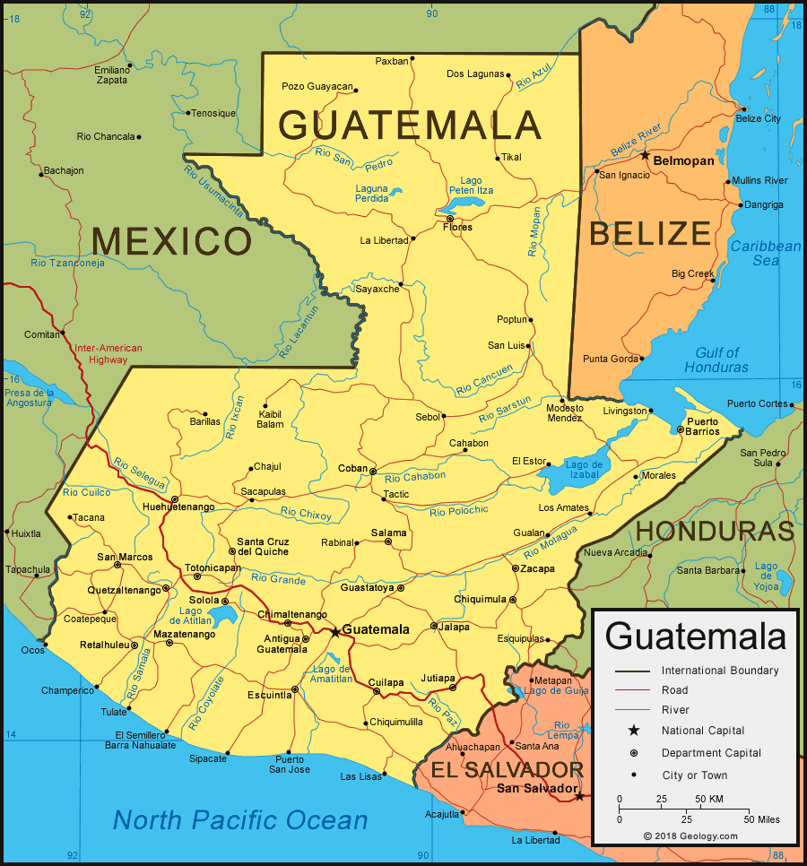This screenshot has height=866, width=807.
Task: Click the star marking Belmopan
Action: click(645, 155)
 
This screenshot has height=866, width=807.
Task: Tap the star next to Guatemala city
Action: click(335, 631)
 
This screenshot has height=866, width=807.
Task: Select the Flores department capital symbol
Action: click(449, 218)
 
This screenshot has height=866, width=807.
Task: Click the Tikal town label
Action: click(511, 157)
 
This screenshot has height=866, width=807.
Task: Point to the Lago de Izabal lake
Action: click(578, 473)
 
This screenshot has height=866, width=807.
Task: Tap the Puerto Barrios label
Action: click(703, 426)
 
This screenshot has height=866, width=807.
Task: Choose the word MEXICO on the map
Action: click(171, 241)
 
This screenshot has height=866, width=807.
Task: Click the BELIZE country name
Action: click(650, 234)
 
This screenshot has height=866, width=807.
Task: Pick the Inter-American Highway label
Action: click(108, 354)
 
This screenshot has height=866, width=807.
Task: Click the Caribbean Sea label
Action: click(765, 253)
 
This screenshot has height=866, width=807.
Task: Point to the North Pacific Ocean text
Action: click(240, 819)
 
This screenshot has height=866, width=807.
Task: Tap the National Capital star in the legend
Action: click(633, 731)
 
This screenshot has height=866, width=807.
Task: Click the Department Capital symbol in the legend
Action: click(633, 753)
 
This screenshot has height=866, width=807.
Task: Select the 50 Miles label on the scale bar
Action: click(761, 819)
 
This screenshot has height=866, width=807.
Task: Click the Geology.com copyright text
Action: click(690, 836)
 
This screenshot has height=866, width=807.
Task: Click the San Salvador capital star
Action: click(580, 795)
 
